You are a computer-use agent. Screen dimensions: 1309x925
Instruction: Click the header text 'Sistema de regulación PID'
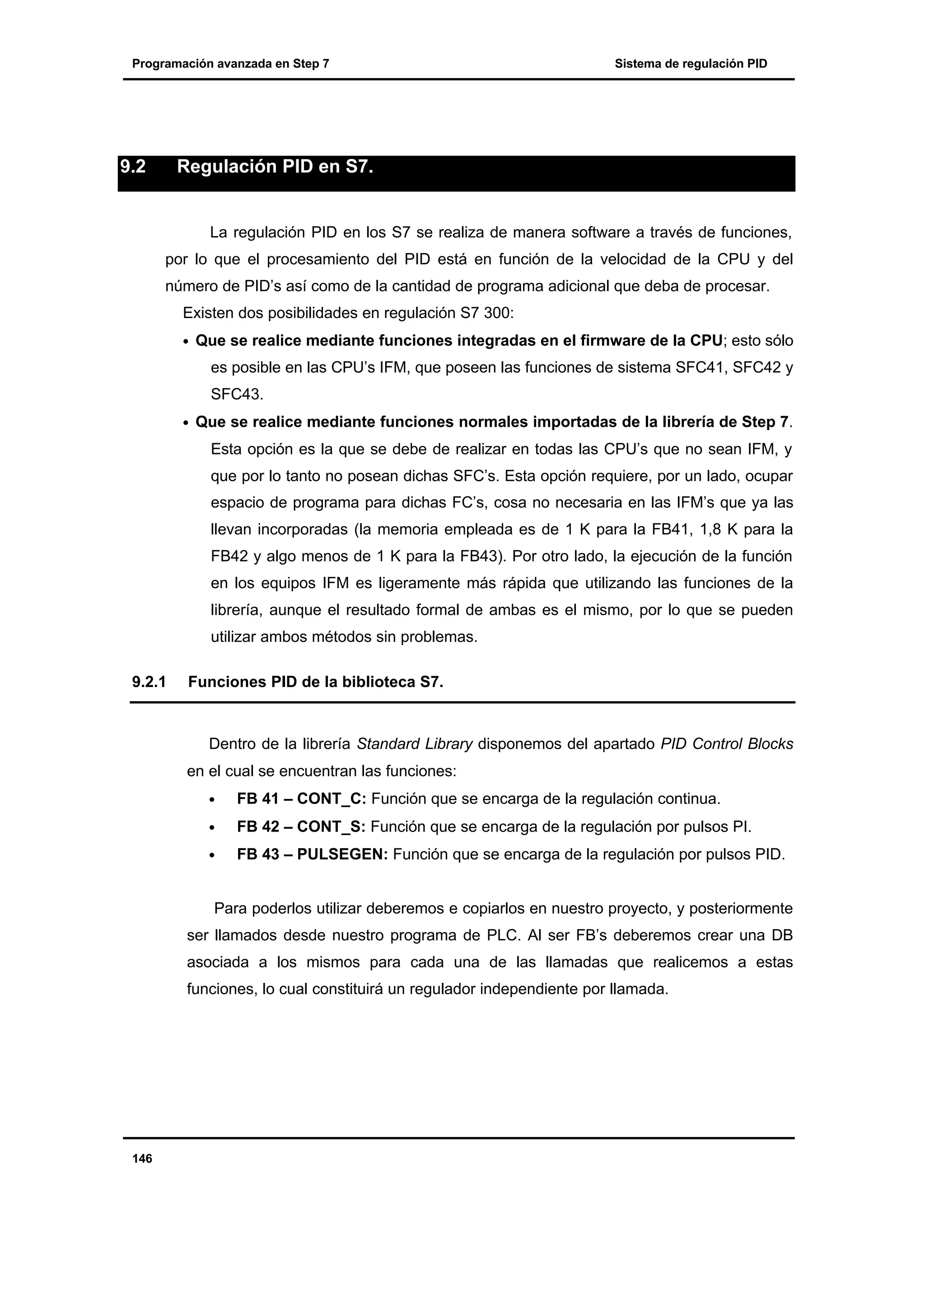[x=691, y=64]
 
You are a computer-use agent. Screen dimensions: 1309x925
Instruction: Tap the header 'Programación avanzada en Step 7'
[x=230, y=64]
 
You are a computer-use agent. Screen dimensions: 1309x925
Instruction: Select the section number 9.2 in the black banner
[x=133, y=167]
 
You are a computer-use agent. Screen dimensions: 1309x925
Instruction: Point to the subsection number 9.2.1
[x=149, y=682]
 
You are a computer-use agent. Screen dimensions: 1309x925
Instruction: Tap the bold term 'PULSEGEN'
[x=342, y=854]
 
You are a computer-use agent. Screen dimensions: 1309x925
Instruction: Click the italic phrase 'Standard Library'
[x=414, y=744]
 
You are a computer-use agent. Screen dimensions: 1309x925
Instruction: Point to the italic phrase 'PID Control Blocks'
[x=727, y=744]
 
